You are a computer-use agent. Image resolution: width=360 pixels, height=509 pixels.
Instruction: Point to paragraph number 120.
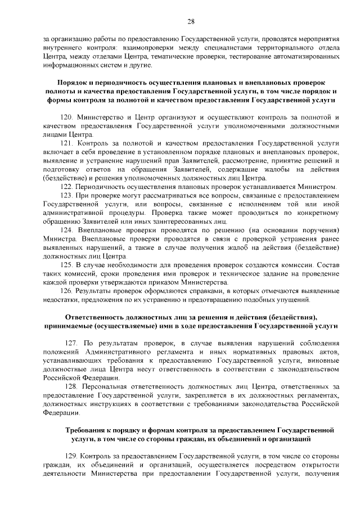click(x=66, y=117)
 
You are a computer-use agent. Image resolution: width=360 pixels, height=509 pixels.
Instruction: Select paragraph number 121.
click(x=66, y=144)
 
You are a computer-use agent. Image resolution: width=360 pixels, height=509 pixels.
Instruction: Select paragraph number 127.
click(x=71, y=343)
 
